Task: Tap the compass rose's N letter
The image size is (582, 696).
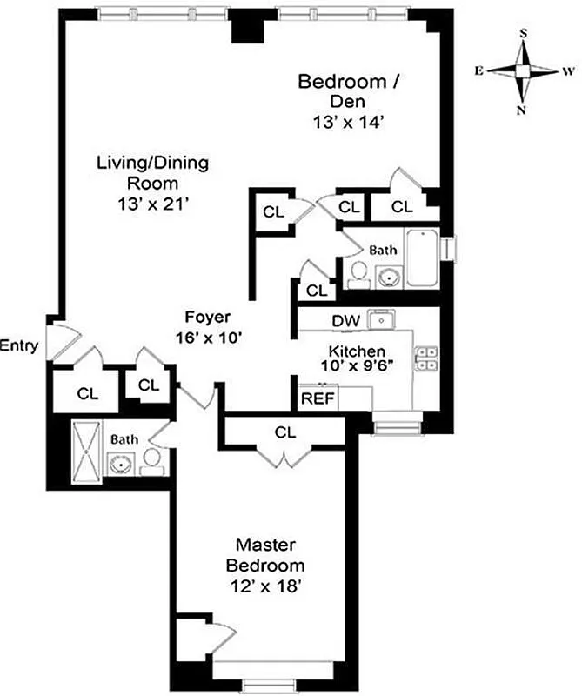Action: coord(522,110)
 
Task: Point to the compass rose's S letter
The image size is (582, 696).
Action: coord(524,33)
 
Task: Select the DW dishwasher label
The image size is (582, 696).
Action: coord(345,321)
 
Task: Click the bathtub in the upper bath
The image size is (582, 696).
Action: coord(424,258)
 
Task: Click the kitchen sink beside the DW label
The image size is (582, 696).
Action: coord(380,318)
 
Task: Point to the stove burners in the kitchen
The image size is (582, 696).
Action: coord(425,358)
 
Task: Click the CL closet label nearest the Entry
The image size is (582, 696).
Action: coord(87,393)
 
